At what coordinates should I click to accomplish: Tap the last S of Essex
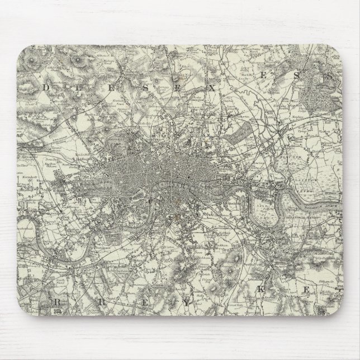[x=331, y=74]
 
